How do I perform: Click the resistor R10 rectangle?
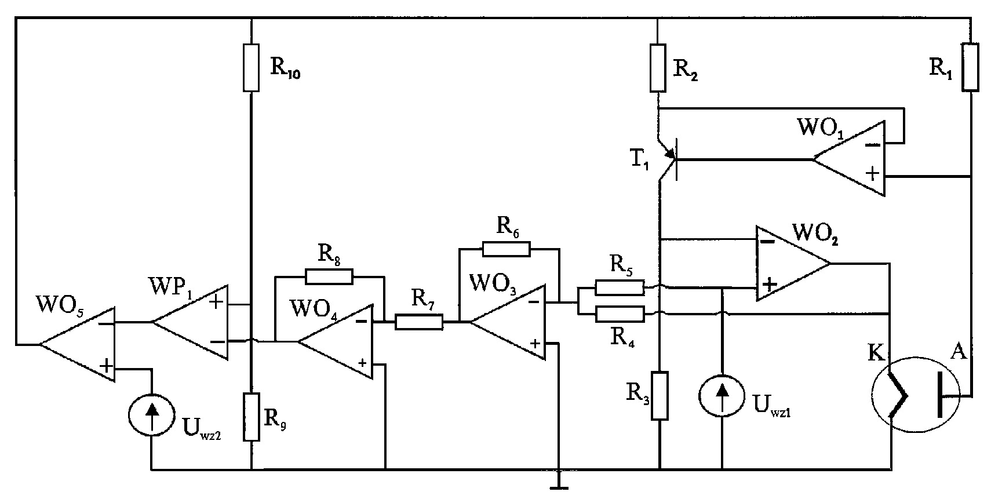coord(252,68)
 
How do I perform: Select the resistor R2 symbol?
coord(658,68)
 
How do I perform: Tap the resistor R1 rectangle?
coord(971,67)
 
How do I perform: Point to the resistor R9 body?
coord(252,417)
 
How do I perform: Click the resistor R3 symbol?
coord(660,395)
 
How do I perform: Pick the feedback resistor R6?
coord(506,249)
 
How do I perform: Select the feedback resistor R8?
coord(329,276)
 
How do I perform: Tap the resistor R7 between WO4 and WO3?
coord(419,322)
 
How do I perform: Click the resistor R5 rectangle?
coord(620,287)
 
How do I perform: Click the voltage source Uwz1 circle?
coord(722,396)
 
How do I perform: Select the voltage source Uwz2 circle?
coord(151,415)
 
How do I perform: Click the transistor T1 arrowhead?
coord(671,154)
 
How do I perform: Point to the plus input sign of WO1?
coord(872,173)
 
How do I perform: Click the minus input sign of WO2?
coord(767,242)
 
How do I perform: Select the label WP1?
coord(172,287)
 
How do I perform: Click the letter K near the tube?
coord(876,354)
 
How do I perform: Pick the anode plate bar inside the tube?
coord(940,395)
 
